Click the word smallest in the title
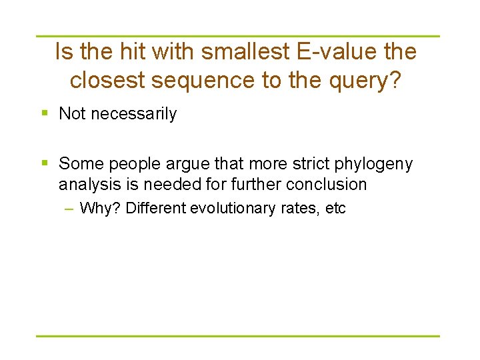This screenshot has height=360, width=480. pyautogui.click(x=233, y=51)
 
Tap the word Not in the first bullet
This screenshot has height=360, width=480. pyautogui.click(x=73, y=114)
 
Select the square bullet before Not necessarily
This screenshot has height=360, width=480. pyautogui.click(x=44, y=113)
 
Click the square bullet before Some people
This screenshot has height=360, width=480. pyautogui.click(x=44, y=163)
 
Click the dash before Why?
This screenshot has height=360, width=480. pyautogui.click(x=69, y=208)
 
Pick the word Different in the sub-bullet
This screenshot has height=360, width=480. pyautogui.click(x=156, y=208)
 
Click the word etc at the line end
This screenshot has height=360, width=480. pyautogui.click(x=335, y=208)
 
